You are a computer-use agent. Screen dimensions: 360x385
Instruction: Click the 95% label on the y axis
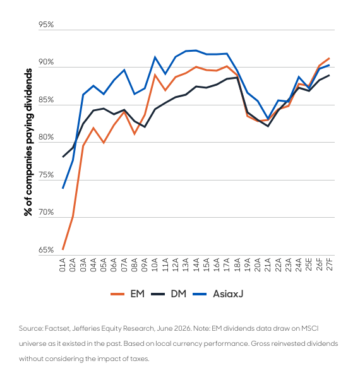tap(46, 25)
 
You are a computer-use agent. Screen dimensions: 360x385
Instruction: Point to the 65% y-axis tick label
tap(46, 250)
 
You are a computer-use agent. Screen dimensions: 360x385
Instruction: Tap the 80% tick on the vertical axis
tap(46, 137)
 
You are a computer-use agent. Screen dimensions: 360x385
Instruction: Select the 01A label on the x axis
tap(63, 264)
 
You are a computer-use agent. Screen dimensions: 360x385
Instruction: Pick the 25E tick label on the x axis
tap(309, 264)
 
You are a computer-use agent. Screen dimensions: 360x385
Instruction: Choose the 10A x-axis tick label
tap(155, 264)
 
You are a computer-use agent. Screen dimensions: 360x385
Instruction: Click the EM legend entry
tap(128, 294)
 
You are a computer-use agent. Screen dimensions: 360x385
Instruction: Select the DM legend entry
tap(169, 294)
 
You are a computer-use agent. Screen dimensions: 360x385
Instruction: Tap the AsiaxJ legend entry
tap(218, 294)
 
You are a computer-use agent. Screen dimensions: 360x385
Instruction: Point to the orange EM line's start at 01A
tap(63, 249)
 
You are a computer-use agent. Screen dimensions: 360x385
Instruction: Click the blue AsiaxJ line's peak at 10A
tap(155, 57)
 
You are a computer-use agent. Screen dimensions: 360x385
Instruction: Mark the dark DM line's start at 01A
tap(63, 157)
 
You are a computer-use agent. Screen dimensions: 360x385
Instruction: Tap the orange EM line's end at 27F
tap(329, 58)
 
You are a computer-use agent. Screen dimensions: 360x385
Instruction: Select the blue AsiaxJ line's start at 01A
tap(63, 188)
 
